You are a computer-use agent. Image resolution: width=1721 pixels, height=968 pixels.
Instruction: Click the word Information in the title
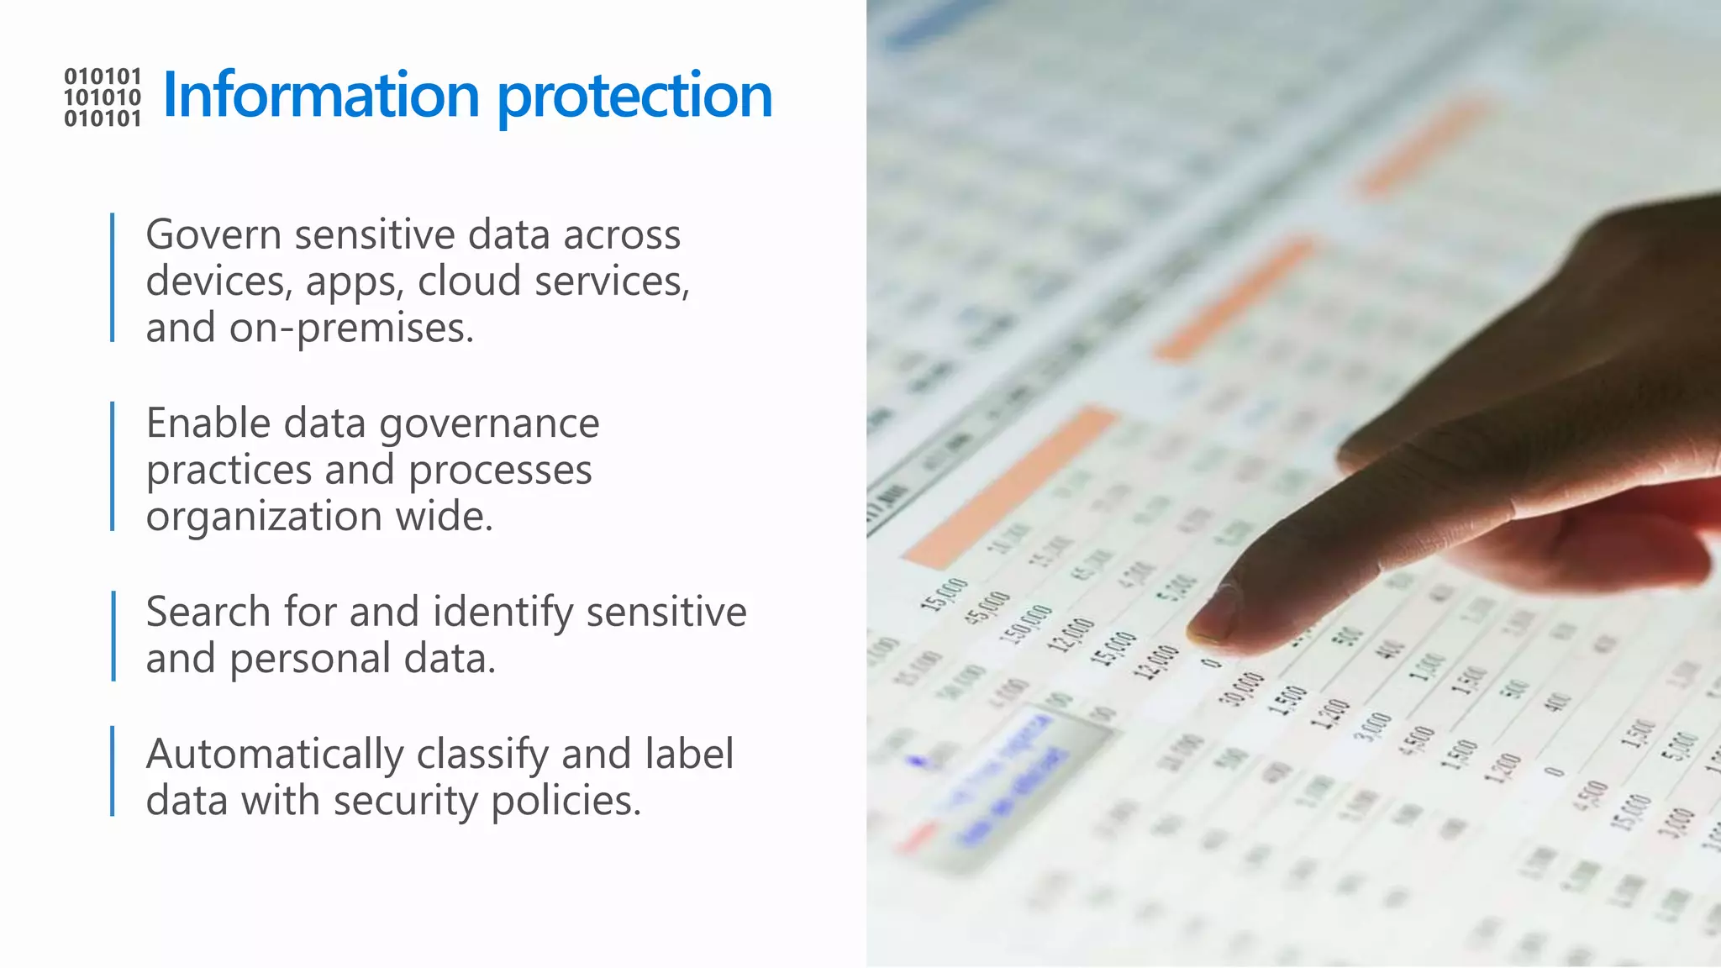point(320,95)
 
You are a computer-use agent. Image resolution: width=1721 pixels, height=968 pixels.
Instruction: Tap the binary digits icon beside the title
point(103,97)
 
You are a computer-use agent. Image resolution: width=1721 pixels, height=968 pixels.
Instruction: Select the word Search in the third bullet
point(208,612)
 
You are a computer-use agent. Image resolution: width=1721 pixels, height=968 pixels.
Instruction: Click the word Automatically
point(274,755)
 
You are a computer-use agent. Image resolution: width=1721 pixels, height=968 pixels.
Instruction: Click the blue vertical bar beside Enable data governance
point(113,466)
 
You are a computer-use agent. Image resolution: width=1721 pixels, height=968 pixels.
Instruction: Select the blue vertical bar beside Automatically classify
point(113,771)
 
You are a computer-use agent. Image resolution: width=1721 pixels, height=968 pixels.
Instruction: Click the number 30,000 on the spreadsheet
point(1241,690)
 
